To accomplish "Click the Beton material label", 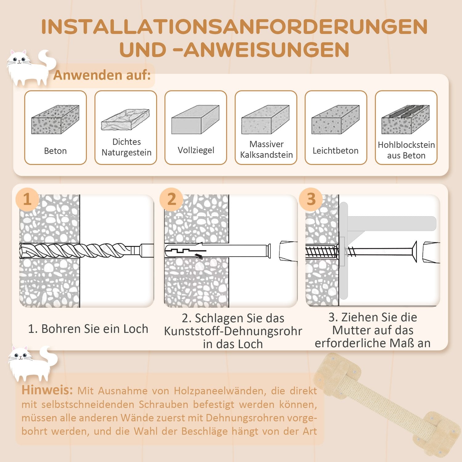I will (55, 151).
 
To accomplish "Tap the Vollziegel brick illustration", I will (195, 120).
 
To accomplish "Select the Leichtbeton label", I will (335, 151).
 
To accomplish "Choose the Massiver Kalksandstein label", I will (266, 149).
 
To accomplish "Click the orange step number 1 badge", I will (27, 199).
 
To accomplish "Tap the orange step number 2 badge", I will (171, 199).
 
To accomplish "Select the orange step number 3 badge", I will (311, 199).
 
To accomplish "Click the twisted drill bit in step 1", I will (77, 250).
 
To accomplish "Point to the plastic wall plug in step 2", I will (216, 250).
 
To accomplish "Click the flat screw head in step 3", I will (414, 252).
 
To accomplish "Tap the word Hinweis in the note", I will (47, 390).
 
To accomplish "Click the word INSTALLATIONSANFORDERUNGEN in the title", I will (234, 27).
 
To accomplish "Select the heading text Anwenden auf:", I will (102, 75).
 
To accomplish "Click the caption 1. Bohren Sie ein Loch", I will (88, 329).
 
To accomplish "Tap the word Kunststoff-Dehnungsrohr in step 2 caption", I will (233, 331).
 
